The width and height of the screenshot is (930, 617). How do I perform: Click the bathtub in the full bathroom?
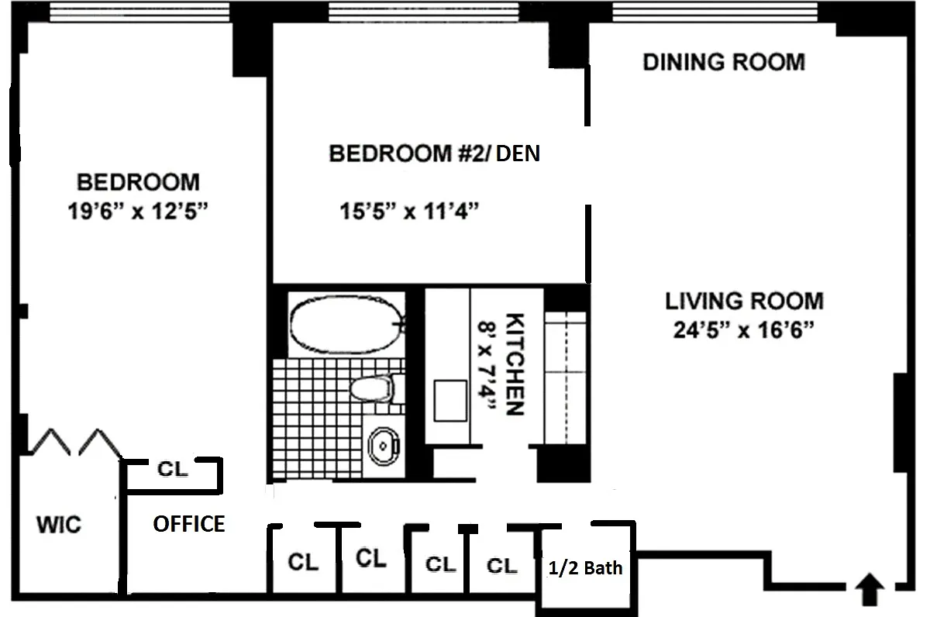click(346, 325)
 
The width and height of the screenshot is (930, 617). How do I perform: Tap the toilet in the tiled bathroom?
click(371, 388)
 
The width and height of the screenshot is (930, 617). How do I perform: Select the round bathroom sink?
click(384, 446)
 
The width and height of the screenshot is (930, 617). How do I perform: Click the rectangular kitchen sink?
click(450, 401)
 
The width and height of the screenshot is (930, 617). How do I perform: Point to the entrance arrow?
click(870, 589)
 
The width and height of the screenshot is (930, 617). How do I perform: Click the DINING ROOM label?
click(724, 62)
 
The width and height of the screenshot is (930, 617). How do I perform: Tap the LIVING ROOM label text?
click(745, 301)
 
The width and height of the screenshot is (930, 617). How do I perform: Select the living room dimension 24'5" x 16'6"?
click(743, 330)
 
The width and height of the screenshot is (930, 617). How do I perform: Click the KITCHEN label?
click(515, 364)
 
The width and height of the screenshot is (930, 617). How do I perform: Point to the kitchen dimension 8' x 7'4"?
click(487, 365)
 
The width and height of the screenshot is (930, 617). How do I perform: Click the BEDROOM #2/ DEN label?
click(434, 153)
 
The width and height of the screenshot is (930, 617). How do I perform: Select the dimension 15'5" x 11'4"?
click(409, 211)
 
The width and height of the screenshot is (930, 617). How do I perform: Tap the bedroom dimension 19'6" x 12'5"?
click(137, 211)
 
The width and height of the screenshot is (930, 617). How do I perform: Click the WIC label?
click(59, 525)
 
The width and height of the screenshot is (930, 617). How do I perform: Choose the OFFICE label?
click(189, 524)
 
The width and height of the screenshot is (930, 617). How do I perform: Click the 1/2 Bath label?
click(585, 568)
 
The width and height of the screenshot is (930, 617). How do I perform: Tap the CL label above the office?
click(173, 469)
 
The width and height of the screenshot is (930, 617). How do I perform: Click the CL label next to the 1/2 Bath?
click(502, 566)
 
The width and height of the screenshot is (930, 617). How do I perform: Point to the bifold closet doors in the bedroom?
click(77, 442)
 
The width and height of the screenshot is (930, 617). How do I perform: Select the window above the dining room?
click(715, 12)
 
